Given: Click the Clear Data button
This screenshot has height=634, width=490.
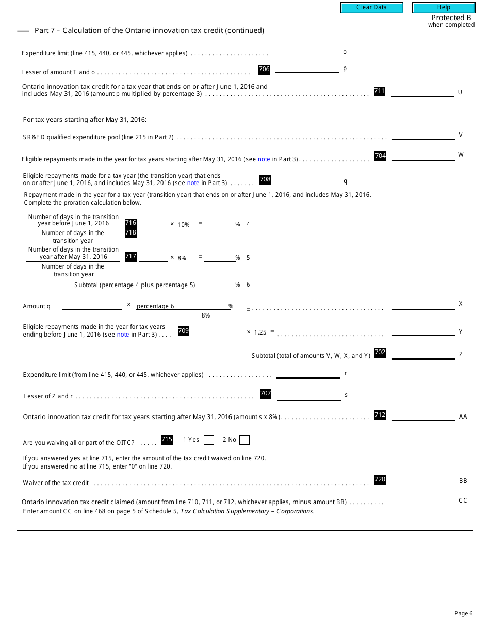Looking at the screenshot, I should point(371,8).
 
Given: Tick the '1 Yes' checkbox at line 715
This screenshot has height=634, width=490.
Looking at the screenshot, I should point(209,440).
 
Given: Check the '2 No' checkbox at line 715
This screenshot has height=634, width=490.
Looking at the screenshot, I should point(244,440).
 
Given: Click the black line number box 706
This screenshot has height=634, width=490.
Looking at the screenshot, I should point(264,70).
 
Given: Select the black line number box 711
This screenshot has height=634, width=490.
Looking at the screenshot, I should point(380,91).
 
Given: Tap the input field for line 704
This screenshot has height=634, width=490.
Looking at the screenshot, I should point(423,155).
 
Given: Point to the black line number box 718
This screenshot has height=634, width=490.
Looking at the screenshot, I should point(130,232).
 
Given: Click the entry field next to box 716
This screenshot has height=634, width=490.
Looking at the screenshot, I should point(154,223).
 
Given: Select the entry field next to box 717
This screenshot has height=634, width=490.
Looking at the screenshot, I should point(154,257).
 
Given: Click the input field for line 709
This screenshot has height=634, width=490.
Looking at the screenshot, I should point(218,331).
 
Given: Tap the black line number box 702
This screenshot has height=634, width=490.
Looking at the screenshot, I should point(380,353).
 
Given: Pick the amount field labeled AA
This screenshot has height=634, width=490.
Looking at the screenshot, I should point(423,415).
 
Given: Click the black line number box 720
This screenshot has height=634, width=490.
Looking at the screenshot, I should point(380,480).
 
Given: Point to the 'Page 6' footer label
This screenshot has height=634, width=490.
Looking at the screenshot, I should point(463,613).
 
